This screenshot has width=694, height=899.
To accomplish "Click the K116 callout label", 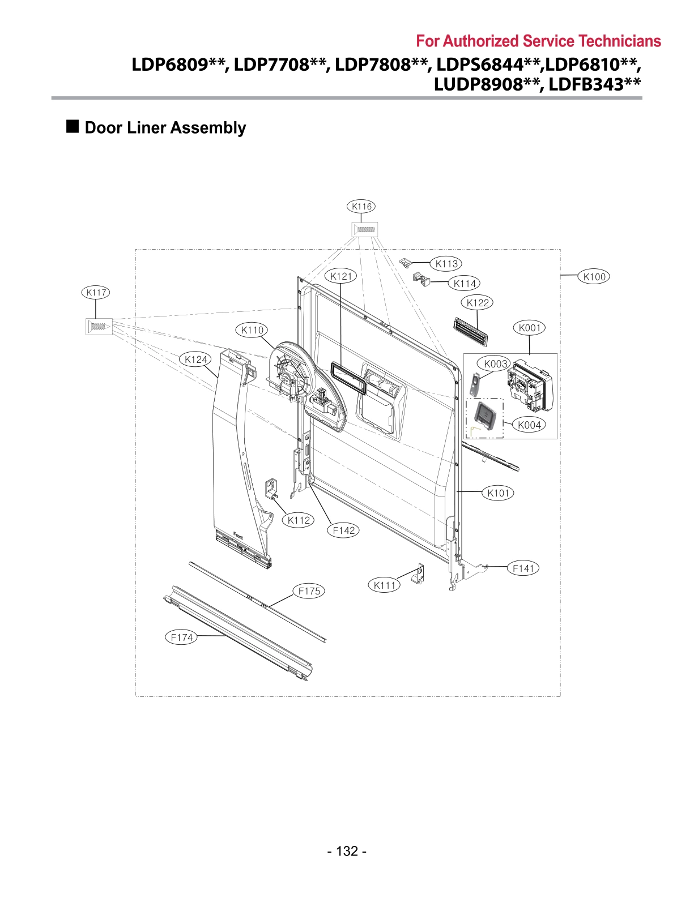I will [x=361, y=207].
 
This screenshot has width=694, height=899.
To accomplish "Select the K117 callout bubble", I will [x=96, y=293].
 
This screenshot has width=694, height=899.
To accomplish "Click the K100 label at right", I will [x=594, y=277].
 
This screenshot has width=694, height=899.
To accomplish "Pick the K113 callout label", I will [x=446, y=264].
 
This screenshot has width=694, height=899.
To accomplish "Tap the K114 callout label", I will [x=465, y=284].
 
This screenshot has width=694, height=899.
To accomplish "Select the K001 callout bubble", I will [x=530, y=328].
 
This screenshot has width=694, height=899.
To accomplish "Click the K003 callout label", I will [x=496, y=363].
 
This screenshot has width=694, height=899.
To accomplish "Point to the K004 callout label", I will [x=530, y=425].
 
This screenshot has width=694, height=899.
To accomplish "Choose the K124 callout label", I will [x=196, y=359].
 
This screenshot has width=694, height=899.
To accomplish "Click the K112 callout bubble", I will [x=299, y=520].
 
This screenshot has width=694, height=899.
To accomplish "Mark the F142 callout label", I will [x=343, y=530].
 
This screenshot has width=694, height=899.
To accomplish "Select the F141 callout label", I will [x=523, y=568].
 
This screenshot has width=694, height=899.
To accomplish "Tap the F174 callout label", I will [x=182, y=637].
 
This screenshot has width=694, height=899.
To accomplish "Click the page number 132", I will [x=347, y=851].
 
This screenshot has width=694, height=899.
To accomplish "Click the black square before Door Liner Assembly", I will [x=73, y=126].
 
